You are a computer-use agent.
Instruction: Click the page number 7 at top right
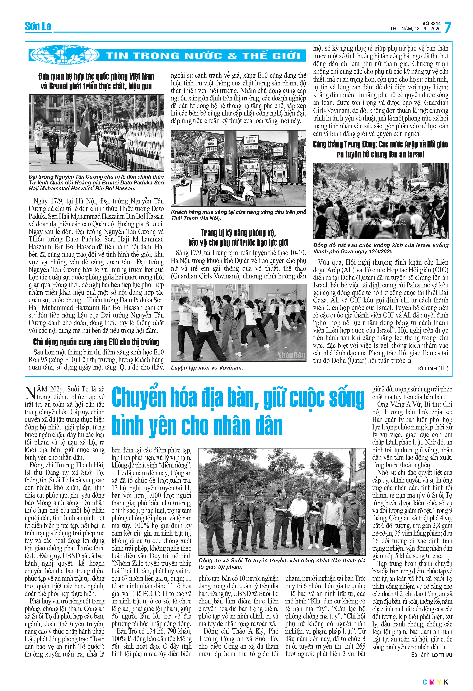(448, 27)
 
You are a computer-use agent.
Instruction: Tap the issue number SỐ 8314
(431, 23)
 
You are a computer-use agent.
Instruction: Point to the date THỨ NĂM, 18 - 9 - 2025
(415, 29)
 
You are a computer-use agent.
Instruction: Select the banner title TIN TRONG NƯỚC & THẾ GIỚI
(203, 56)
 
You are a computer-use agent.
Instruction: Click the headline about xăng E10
(96, 342)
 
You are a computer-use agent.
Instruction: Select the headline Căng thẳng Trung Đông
(380, 149)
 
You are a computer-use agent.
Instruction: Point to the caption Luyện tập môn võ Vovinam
(207, 368)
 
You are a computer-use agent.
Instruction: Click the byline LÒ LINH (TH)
(432, 368)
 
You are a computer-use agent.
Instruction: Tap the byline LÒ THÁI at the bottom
(442, 655)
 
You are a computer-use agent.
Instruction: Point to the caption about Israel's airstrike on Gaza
(380, 248)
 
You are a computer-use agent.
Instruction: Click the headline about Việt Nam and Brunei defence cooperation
(96, 81)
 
